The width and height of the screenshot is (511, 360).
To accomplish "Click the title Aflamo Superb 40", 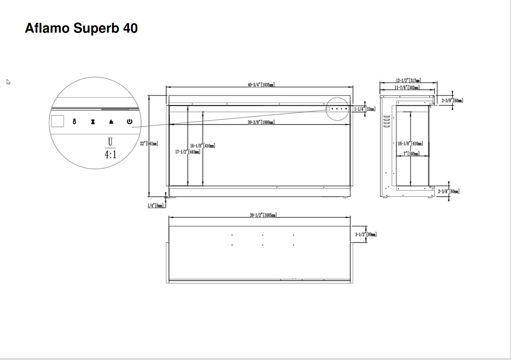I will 81,28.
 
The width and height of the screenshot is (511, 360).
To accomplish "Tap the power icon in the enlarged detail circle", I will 129,122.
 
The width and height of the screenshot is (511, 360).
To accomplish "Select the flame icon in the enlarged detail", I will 111,122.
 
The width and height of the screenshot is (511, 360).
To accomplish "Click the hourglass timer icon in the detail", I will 93,122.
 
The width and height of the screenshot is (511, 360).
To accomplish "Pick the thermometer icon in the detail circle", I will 74,122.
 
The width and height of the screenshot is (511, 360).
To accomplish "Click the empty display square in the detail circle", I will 58,121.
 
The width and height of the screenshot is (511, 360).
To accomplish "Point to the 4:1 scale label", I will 110,154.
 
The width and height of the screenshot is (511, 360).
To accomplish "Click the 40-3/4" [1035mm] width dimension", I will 261,85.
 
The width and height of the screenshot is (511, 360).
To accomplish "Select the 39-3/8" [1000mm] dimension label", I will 261,122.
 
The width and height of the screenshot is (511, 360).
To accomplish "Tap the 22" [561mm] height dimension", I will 149,144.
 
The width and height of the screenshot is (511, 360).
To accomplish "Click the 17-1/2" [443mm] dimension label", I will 188,152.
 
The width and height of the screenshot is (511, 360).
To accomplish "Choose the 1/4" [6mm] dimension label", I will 156,206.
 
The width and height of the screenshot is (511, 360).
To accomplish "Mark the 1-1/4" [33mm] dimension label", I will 365,109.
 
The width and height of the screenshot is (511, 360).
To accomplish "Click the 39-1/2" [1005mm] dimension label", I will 263,215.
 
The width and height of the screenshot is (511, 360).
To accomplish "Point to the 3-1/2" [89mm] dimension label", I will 366,234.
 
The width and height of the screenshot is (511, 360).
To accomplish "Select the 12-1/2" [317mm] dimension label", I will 408,81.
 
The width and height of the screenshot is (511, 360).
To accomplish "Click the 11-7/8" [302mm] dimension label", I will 407,88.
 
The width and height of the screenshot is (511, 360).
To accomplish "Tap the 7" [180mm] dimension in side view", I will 411,154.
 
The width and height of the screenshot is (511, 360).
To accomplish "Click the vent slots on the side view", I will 387,121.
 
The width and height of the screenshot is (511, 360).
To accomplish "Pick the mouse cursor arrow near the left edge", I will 8,82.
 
